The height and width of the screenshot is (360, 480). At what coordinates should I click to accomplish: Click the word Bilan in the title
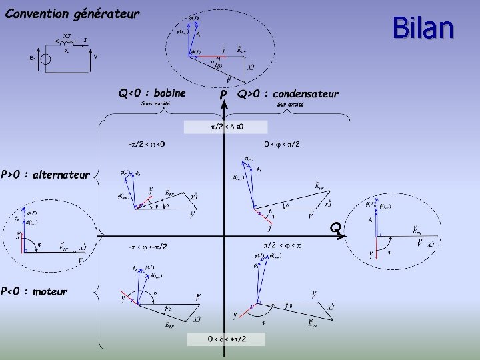click(x=423, y=29)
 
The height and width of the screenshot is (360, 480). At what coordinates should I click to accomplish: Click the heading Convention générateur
click(x=73, y=13)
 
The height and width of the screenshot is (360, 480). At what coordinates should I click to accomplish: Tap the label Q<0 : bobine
click(x=151, y=93)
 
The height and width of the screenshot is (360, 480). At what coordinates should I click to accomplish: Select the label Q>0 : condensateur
click(x=288, y=94)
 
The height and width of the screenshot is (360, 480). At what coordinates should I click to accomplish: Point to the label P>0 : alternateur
click(x=45, y=175)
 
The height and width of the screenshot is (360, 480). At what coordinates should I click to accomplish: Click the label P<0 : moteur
click(x=34, y=291)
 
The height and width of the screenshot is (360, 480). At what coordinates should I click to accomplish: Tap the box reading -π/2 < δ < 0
click(x=225, y=127)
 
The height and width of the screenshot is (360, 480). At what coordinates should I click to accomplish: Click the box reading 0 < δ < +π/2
click(x=227, y=339)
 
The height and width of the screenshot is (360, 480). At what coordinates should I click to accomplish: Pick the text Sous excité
click(x=155, y=104)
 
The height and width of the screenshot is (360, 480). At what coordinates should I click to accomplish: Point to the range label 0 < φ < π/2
click(x=282, y=144)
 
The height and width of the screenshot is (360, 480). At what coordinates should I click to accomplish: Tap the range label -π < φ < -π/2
click(x=147, y=247)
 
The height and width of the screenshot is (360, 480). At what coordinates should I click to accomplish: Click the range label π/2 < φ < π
click(x=283, y=246)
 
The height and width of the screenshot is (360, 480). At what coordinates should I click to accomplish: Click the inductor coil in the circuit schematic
click(x=66, y=45)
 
